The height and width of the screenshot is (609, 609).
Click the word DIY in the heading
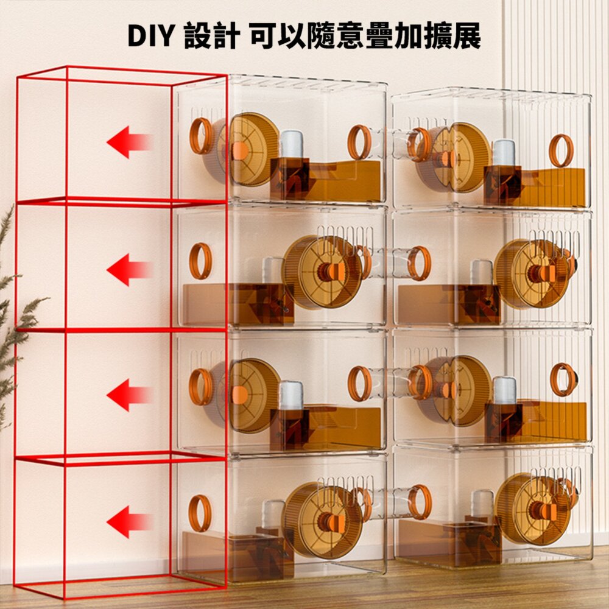150,36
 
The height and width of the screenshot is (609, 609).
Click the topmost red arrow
130,142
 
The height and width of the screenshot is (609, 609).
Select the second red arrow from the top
130,270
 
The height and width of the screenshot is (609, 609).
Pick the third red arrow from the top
130,395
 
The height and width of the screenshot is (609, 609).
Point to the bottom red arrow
130,522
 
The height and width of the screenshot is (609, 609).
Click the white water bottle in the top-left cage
291,144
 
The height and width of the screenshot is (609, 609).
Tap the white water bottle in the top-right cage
504,153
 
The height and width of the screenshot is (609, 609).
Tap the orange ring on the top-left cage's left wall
201,136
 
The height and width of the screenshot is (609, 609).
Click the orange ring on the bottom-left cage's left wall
200,513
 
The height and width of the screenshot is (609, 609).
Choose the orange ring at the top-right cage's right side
561,150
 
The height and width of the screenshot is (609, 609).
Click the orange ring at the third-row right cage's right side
562,379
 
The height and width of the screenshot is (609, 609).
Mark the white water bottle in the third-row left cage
291,395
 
